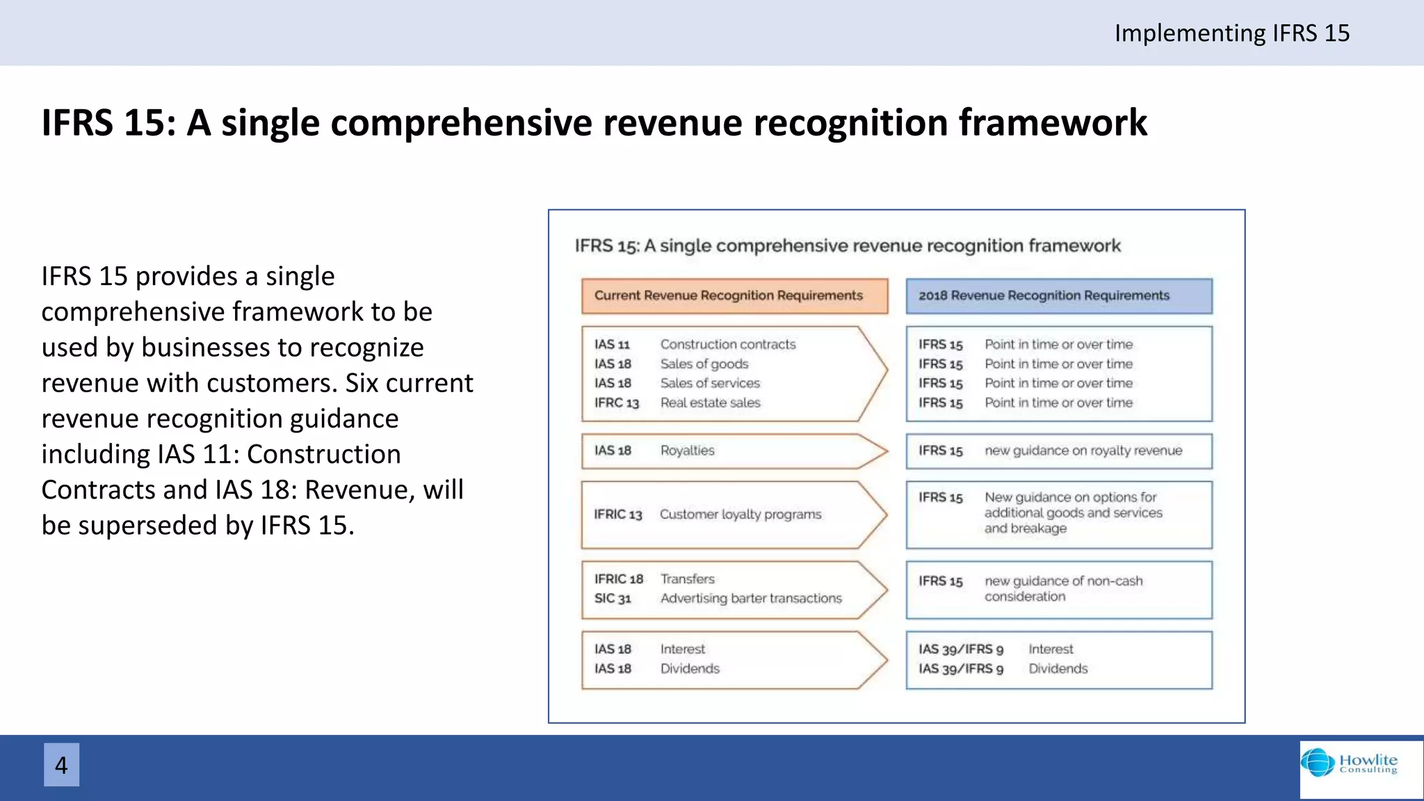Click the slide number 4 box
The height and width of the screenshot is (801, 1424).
coord(61,765)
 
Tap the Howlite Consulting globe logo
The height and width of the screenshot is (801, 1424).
coord(1318,763)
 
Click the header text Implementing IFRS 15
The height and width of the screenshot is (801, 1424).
coord(1231,33)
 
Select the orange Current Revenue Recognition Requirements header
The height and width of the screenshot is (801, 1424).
coord(734,296)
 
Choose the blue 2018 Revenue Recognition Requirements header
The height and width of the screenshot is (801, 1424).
coord(1058,296)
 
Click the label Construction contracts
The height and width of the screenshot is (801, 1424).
coord(727,344)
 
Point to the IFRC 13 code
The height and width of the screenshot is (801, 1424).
coord(616,403)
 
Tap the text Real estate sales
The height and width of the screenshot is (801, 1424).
coord(710,403)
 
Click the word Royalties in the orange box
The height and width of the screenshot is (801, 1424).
coord(687,451)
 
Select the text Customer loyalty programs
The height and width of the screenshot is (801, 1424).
coord(740,515)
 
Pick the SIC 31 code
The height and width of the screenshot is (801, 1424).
coord(613,599)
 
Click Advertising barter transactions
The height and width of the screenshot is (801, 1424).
coord(750,599)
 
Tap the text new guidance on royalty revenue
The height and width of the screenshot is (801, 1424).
coord(1083,451)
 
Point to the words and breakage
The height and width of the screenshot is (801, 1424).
coord(1025,528)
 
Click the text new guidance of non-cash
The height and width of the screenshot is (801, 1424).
coord(1063,581)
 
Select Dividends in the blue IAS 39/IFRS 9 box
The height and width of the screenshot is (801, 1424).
coord(1058,669)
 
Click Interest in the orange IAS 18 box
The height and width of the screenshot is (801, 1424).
coord(682,649)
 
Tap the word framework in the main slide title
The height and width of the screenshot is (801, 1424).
coord(1052,123)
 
